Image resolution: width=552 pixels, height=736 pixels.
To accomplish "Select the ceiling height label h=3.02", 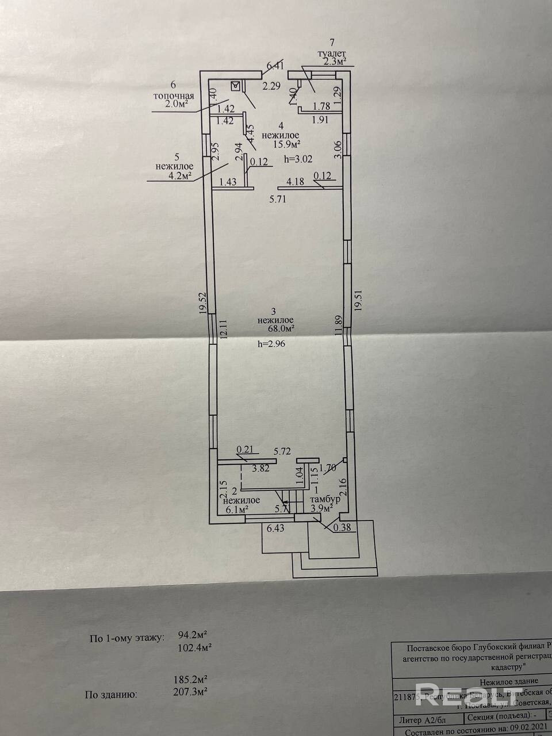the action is click(298, 158).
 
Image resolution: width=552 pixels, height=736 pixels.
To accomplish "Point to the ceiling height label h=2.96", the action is click(271, 343).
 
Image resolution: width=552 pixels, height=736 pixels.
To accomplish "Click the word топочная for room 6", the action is click(173, 95).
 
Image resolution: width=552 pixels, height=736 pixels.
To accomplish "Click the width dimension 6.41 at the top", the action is click(274, 66).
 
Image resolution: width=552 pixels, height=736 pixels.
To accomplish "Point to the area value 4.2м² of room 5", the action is click(179, 176).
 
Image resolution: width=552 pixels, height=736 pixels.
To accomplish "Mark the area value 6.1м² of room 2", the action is click(236, 509).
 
